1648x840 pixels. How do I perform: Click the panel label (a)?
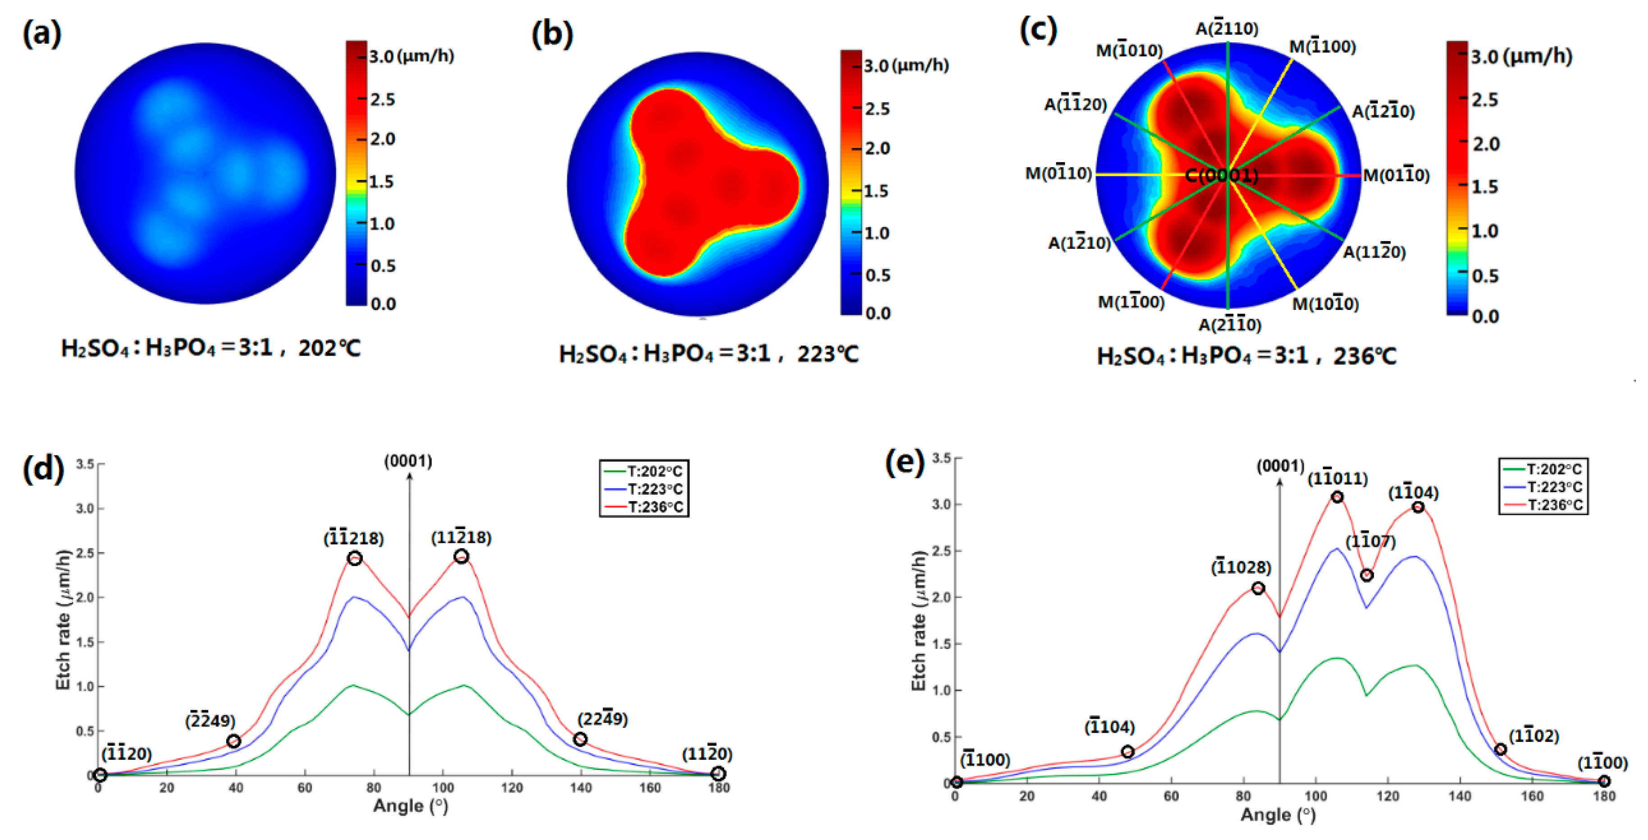tap(42, 33)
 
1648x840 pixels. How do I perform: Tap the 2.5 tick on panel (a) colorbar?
tap(382, 99)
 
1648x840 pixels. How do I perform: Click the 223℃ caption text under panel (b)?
tap(827, 354)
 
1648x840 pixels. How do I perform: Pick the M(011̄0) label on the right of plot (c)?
tap(1396, 175)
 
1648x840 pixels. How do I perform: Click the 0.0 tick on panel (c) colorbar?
tap(1485, 316)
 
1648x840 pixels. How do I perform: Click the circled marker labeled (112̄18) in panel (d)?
tap(461, 556)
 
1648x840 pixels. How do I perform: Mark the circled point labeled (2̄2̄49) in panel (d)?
tap(233, 741)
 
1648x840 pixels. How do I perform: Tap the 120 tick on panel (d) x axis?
tap(512, 788)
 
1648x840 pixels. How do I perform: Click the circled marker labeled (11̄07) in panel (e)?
tap(1366, 575)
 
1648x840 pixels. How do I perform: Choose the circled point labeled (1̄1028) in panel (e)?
tap(1258, 588)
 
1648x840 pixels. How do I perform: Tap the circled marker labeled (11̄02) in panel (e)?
tap(1500, 749)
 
